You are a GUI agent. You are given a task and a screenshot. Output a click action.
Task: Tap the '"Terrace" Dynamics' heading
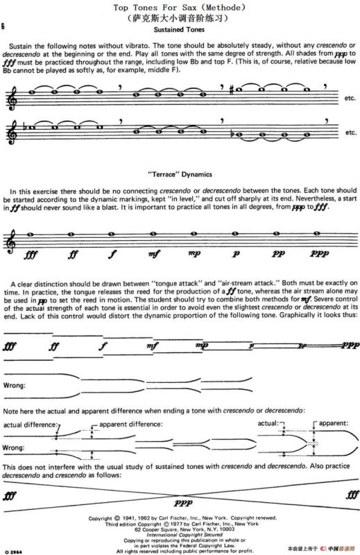pos(180,173)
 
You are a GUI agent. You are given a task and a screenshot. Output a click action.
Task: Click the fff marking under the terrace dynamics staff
pos(30,254)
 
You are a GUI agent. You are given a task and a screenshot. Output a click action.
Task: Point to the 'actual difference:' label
pos(28,423)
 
